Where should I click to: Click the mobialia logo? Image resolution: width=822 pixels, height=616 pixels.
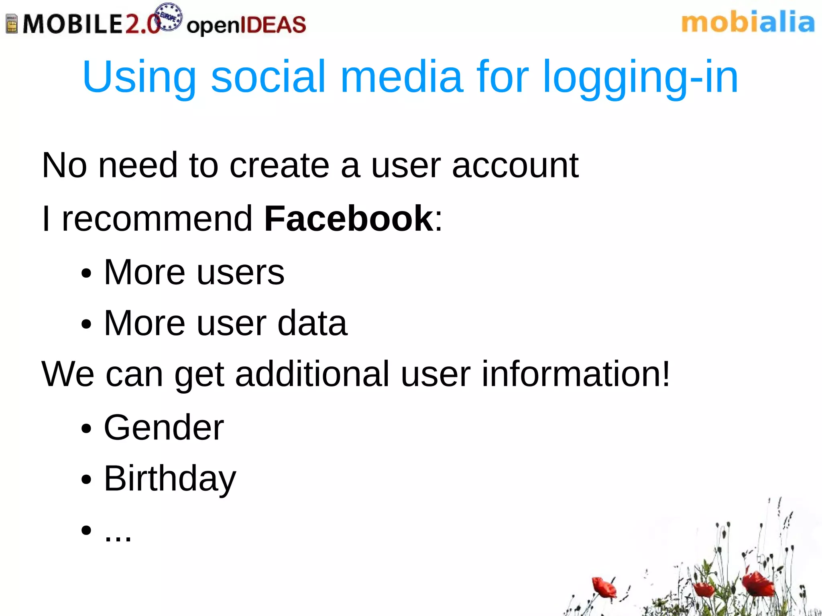(x=748, y=22)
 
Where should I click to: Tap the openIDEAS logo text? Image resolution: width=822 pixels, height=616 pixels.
(x=246, y=25)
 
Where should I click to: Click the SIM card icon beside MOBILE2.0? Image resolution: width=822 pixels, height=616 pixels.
(x=12, y=24)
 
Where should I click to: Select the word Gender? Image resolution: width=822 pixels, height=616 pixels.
(x=164, y=428)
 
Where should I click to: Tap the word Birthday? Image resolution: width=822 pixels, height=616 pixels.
(x=170, y=478)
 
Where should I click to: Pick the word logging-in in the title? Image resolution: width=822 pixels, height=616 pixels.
(x=640, y=77)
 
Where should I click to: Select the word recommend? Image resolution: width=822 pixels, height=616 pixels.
(x=157, y=219)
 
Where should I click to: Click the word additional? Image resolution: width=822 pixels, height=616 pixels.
(x=312, y=374)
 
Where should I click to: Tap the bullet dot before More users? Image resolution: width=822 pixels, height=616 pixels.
(x=86, y=274)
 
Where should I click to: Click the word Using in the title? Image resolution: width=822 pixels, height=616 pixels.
(x=139, y=77)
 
